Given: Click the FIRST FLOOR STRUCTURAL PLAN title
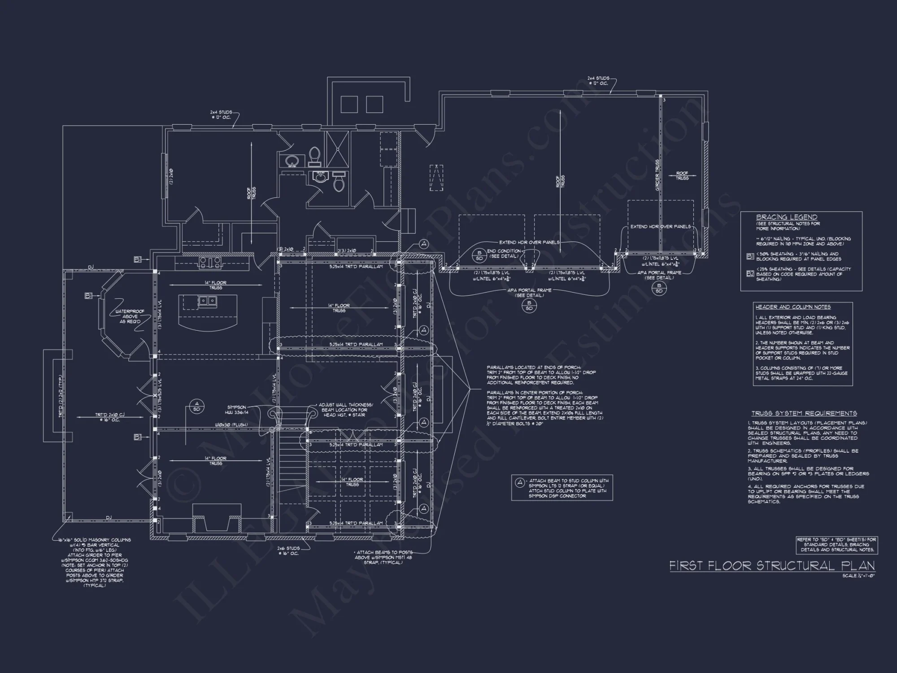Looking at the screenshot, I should pos(772,566).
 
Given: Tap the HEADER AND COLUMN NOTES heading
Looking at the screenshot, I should pos(793,307).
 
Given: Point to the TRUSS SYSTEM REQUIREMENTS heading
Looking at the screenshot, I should pos(804,413).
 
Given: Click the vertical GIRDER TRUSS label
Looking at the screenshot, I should pos(658,175).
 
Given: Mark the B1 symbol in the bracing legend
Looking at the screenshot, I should pos(750,257).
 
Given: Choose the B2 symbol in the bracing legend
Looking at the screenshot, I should pos(750,274).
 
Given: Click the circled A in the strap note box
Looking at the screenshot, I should pos(519,483).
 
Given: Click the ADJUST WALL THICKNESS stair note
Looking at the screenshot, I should pos(346,410).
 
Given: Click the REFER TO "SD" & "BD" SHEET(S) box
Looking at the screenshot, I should pos(836,544).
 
